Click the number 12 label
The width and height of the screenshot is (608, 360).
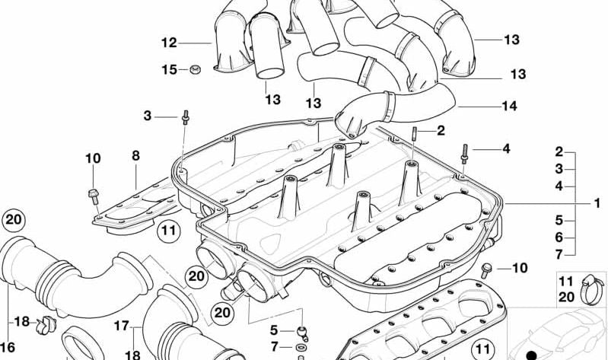tap(169, 43)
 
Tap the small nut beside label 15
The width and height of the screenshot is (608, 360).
tap(195, 70)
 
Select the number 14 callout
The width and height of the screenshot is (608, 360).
tap(510, 106)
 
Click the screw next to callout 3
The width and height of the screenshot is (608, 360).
tap(186, 117)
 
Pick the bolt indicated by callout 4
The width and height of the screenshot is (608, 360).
tap(464, 154)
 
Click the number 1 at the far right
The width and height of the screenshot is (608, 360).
tap(597, 203)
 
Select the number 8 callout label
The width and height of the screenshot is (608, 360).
tap(135, 156)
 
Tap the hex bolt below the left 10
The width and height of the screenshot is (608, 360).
tap(94, 196)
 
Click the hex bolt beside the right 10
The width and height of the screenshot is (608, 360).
tap(486, 270)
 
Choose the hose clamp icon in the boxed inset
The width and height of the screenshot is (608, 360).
tap(592, 289)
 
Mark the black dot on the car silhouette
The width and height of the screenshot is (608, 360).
tap(532, 355)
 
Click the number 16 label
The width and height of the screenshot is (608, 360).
tap(8, 347)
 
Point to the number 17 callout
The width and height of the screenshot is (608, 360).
tap(121, 326)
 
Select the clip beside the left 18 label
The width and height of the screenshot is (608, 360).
tap(46, 325)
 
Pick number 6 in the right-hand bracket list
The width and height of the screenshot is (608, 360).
tap(559, 237)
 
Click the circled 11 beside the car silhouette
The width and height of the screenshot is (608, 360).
tap(482, 350)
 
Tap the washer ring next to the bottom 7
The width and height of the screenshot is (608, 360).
tap(300, 347)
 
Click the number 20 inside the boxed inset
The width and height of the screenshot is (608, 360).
tap(566, 297)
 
